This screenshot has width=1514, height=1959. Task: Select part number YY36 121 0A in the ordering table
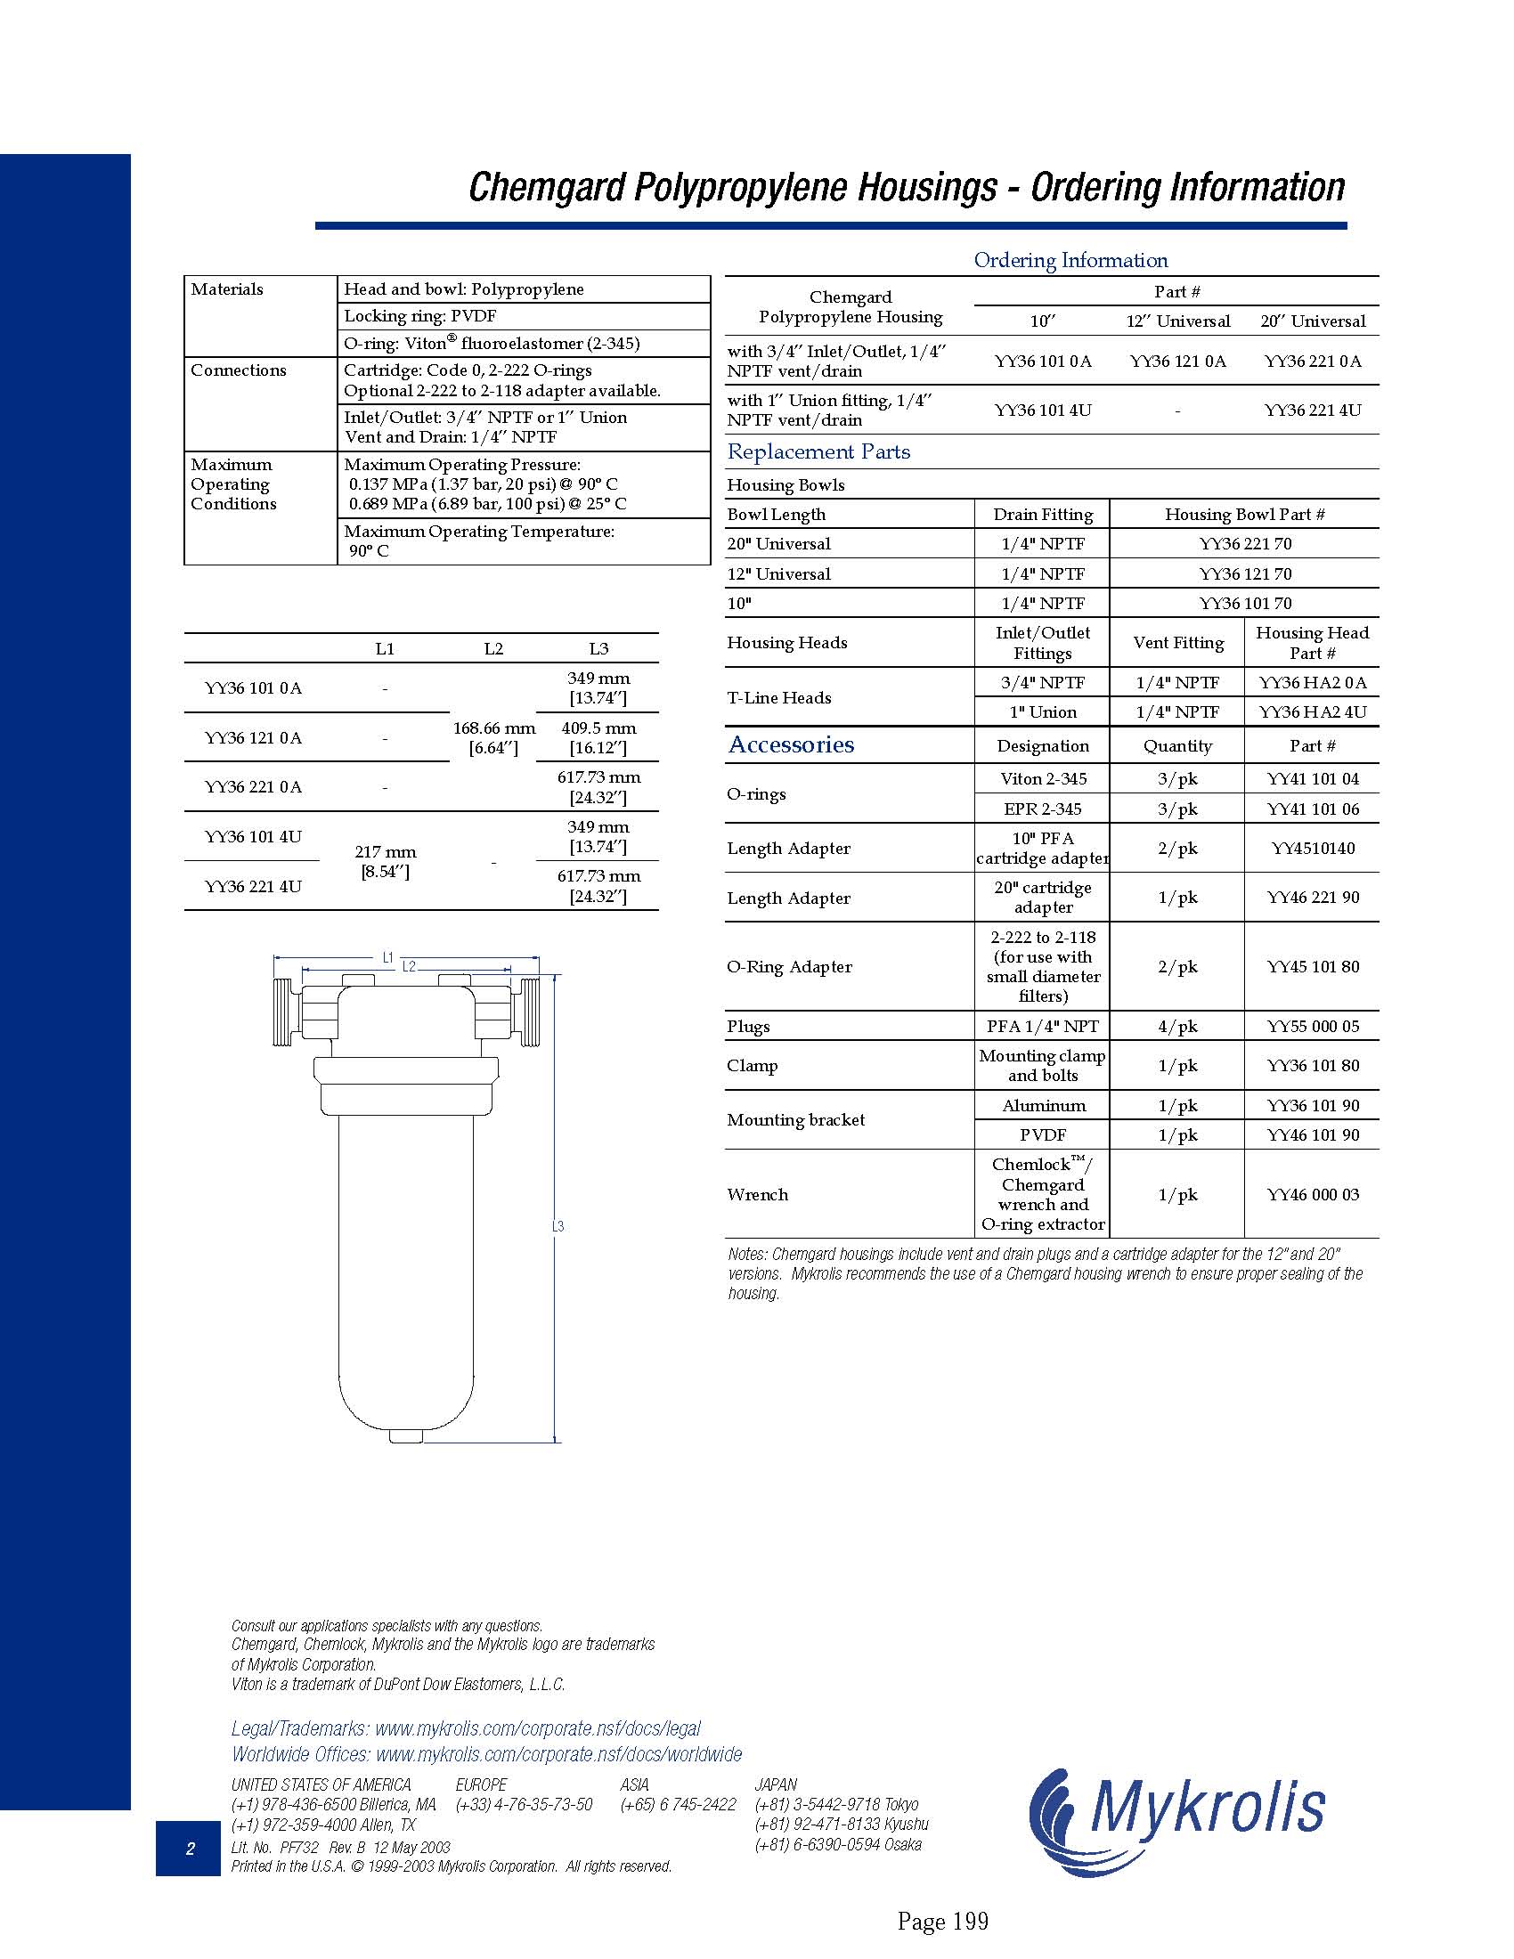1176,362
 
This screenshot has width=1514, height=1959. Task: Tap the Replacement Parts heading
818,452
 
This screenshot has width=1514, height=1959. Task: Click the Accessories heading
791,744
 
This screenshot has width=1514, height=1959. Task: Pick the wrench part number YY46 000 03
1312,1195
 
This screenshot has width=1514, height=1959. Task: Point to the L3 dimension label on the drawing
557,1226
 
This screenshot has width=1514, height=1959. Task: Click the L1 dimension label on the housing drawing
387,958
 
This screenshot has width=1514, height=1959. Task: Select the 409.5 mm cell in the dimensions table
598,737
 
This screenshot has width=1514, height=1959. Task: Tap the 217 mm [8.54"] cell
385,861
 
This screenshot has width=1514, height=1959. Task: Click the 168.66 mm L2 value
493,737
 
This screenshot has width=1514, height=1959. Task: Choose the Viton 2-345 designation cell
1042,778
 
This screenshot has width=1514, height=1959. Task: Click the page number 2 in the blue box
189,1848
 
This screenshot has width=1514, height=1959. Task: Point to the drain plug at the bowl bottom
405,1436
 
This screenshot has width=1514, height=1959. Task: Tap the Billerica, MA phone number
334,1804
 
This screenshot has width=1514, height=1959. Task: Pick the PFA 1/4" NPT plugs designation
1042,1026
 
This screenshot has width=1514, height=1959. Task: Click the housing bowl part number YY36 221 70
1245,543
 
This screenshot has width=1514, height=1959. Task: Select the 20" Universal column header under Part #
1312,321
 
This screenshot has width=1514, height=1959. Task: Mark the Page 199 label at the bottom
941,1921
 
